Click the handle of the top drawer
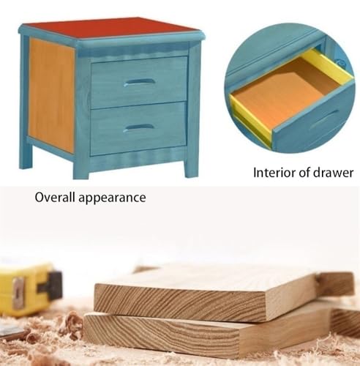click(139, 82)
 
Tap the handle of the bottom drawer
click(138, 127)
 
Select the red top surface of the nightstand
click(110, 29)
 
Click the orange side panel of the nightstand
click(51, 95)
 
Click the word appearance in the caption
click(112, 198)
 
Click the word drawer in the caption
click(333, 173)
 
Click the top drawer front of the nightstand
click(139, 82)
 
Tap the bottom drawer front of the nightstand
click(138, 129)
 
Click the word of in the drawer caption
click(304, 172)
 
